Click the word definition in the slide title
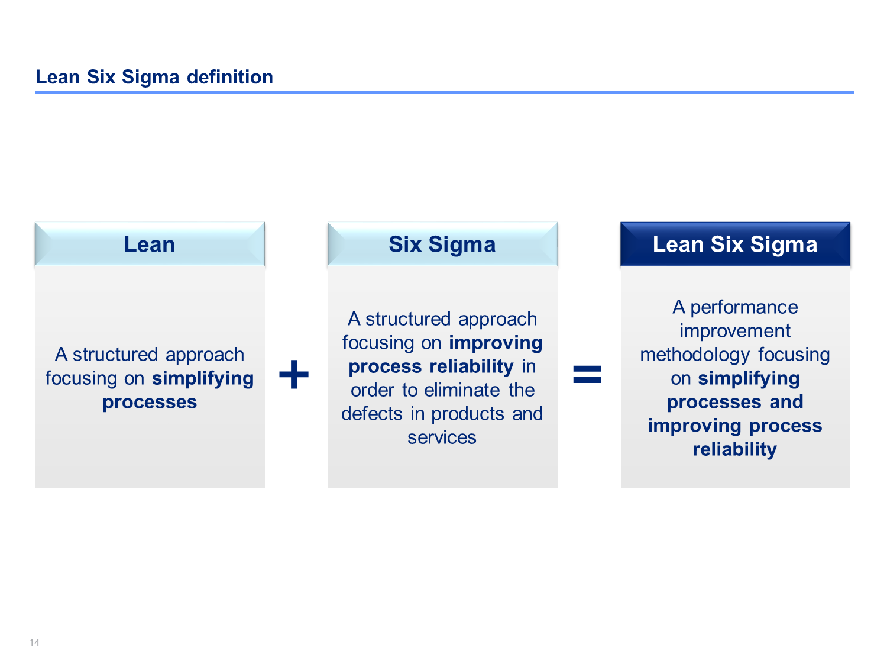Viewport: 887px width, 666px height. coord(229,77)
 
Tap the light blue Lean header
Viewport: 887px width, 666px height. coord(150,244)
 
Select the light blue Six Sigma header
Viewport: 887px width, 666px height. coord(442,244)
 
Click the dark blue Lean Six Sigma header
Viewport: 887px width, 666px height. coord(735,244)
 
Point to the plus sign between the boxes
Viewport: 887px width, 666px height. coord(294,374)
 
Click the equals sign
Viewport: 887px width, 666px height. coord(587,374)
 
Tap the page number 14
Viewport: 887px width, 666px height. coord(34,642)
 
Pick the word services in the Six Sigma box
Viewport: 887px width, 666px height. coord(442,437)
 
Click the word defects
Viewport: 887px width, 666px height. coord(372,414)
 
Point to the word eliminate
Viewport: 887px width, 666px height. coord(462,390)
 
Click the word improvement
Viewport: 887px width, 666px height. coord(734,331)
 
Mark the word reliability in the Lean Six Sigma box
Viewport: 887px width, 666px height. coord(734,450)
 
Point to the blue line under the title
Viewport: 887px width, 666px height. coord(444,92)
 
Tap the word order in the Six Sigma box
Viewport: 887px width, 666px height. coord(372,390)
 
